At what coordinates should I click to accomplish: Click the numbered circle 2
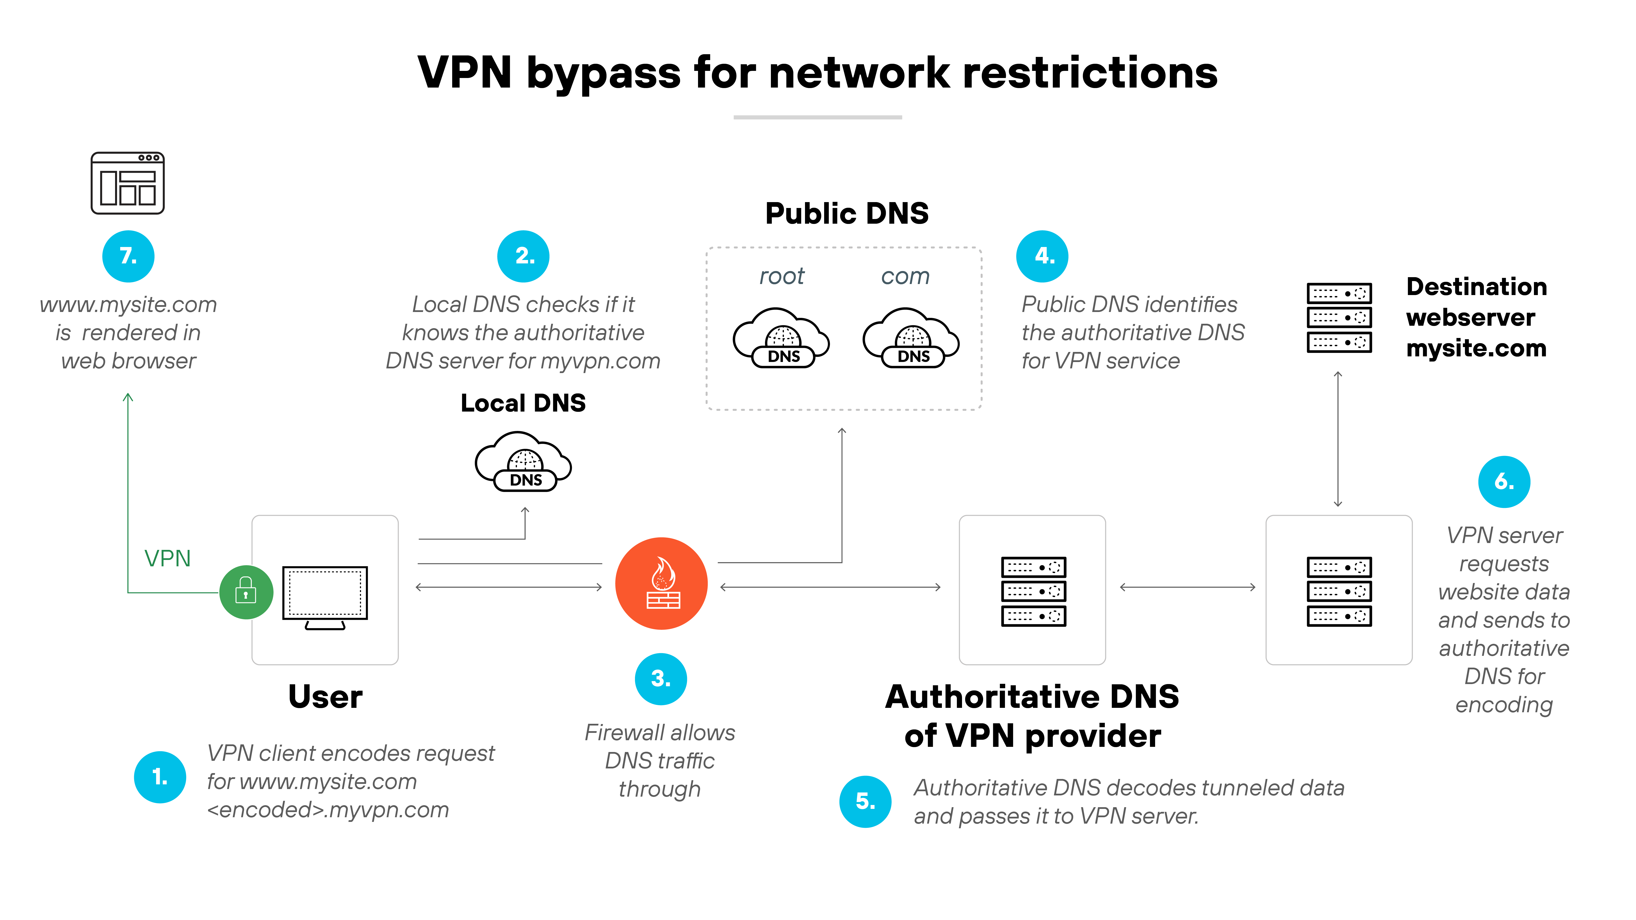tap(523, 256)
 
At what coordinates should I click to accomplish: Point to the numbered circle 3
tap(660, 679)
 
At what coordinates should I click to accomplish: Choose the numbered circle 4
tap(1042, 256)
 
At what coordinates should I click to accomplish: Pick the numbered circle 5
tap(865, 801)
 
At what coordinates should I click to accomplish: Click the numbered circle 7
tap(128, 256)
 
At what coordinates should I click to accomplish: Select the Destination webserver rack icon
tap(1339, 317)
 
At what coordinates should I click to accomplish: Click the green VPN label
tap(168, 558)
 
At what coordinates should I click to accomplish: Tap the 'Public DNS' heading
tap(846, 213)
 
